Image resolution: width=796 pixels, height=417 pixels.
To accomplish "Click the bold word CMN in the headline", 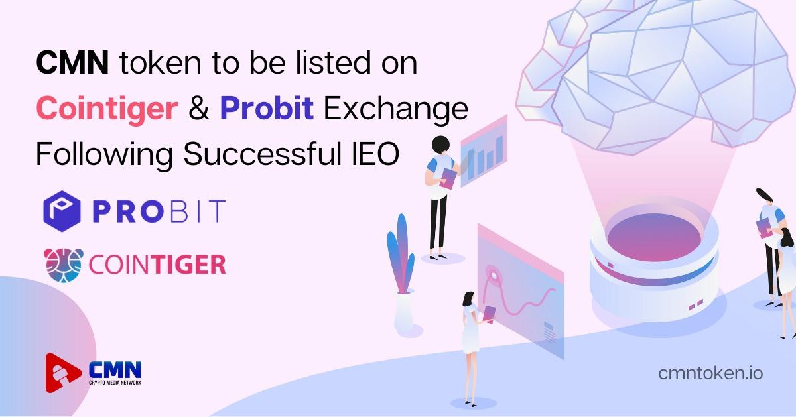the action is (x=72, y=63).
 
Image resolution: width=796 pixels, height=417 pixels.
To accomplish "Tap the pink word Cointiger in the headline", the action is (x=107, y=108).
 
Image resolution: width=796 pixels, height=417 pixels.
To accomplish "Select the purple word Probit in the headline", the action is (x=267, y=107).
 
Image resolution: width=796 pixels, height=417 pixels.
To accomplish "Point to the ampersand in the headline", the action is (x=199, y=108).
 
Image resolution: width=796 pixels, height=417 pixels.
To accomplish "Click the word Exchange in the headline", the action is (x=396, y=108).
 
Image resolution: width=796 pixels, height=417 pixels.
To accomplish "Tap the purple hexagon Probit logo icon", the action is (x=62, y=211).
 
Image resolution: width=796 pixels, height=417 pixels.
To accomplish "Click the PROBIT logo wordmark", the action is (x=159, y=211).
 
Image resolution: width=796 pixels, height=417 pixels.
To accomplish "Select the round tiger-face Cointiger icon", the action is (x=64, y=265).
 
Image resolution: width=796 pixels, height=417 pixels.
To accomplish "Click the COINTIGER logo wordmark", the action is (x=157, y=265).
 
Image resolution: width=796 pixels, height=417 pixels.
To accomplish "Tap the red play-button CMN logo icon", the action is (x=62, y=373).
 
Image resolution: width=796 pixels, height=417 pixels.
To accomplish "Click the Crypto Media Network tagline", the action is (x=115, y=382).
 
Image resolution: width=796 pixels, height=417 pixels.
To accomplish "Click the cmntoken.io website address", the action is (x=710, y=373).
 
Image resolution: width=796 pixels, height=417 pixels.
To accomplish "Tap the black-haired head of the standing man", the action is (x=440, y=145).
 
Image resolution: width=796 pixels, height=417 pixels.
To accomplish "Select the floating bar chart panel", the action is (x=484, y=150).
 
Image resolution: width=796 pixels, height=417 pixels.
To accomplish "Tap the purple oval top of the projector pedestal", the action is (x=654, y=237).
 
